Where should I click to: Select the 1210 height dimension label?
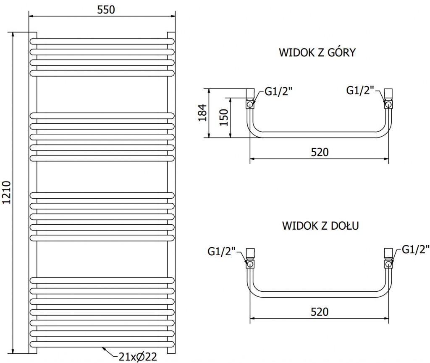tap(7, 192)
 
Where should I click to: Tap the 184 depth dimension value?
tap(203, 113)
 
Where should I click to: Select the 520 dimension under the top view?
tap(319, 152)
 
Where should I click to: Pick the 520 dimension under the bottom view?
tap(319, 311)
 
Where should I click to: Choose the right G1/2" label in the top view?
tap(360, 90)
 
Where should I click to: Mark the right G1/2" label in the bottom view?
tap(415, 250)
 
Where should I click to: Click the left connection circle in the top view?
tap(250, 104)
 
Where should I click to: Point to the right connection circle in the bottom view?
tap(388, 264)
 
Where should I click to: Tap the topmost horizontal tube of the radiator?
tap(101, 41)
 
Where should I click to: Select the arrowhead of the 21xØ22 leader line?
tap(103, 347)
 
